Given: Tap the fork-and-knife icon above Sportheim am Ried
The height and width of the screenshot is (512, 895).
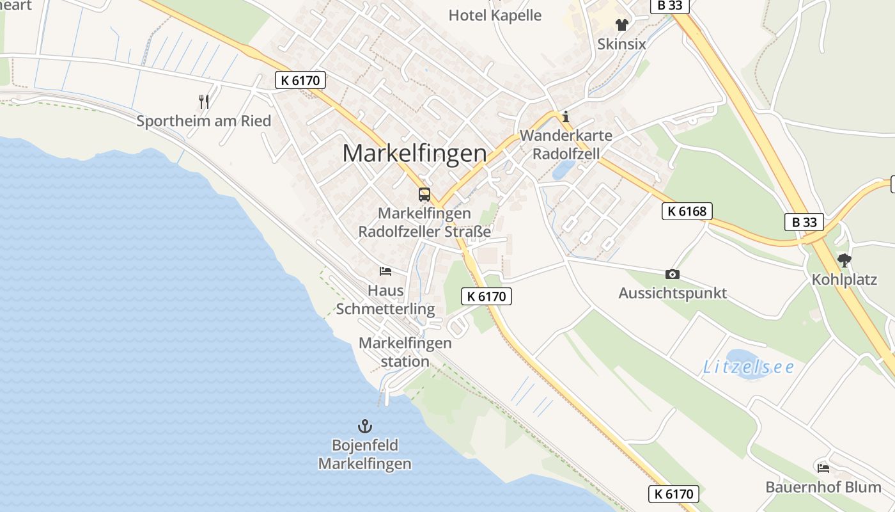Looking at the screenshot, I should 204,101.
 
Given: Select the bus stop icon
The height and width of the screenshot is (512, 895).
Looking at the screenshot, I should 424,194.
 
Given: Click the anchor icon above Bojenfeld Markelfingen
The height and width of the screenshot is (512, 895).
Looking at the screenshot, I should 364,426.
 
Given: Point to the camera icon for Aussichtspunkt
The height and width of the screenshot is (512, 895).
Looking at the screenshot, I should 672,274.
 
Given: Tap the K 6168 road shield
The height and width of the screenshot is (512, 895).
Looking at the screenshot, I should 687,211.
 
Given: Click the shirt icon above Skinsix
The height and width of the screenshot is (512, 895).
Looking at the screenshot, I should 621,25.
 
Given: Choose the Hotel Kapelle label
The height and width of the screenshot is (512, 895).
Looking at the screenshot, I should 495,15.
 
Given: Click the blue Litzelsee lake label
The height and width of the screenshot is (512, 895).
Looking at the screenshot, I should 748,367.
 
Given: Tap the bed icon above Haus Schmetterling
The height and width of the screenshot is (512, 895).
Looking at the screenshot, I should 385,271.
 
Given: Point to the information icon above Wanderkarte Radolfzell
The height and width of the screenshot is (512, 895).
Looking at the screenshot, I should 565,117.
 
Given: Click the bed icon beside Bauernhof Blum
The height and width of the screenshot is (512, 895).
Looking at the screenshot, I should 823,468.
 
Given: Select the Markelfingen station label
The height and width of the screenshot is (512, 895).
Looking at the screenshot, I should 405,352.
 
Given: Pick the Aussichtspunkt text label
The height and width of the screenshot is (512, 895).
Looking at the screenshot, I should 673,293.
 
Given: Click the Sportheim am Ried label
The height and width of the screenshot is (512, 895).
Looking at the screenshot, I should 203,120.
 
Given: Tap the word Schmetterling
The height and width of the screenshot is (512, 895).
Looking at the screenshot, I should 385,309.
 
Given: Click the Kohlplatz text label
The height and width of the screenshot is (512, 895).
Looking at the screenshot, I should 844,280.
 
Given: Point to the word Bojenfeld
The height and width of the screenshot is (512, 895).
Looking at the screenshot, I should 364,445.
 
